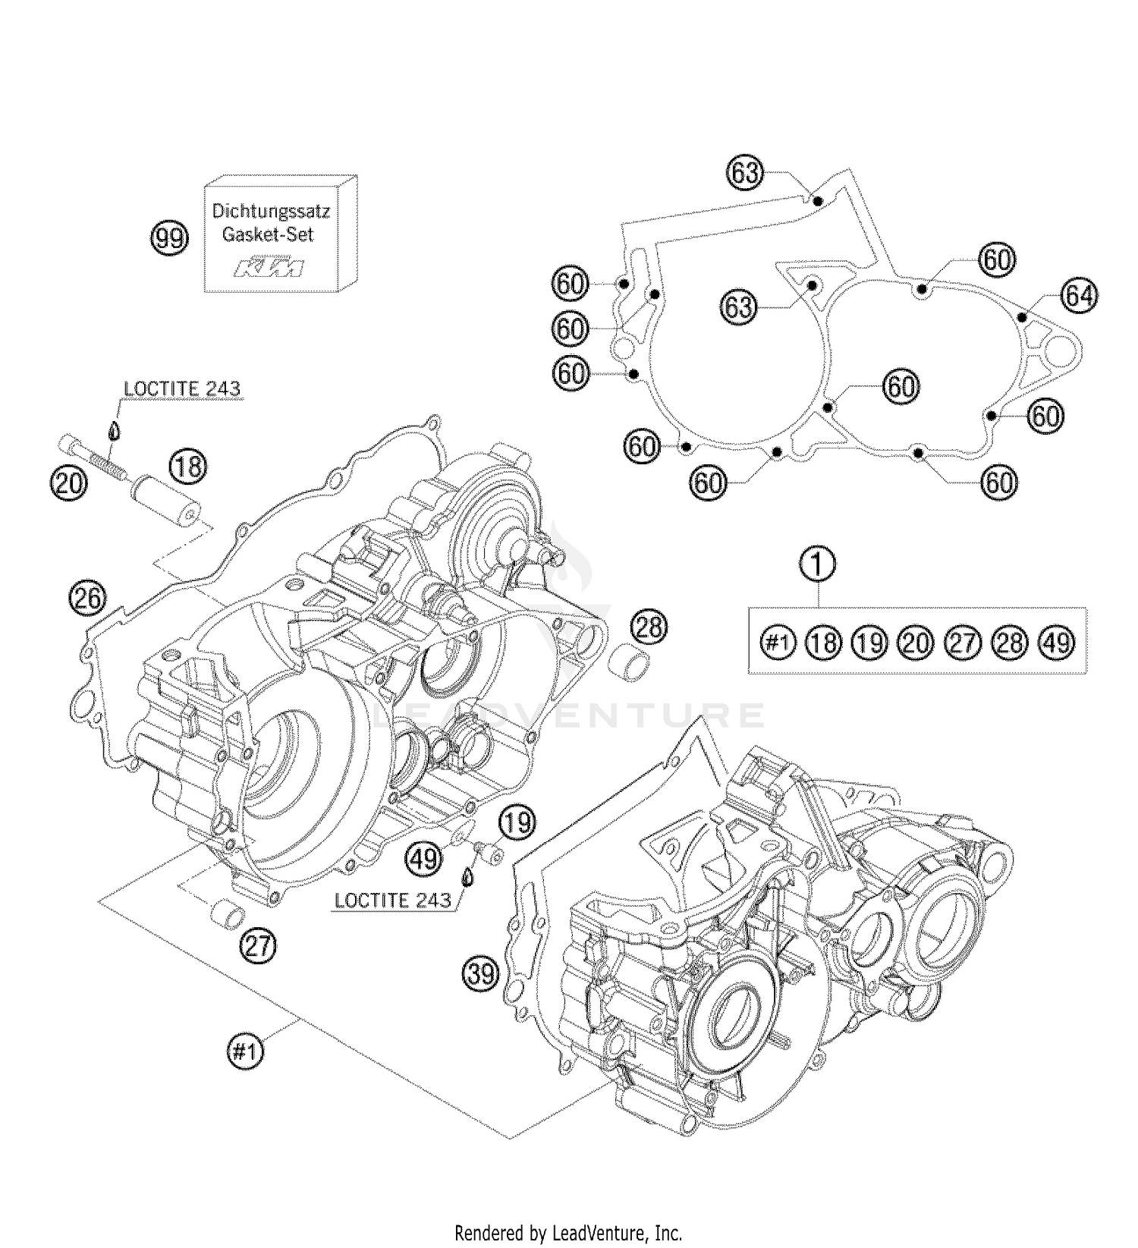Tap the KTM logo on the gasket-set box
(271, 267)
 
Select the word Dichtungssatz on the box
(271, 211)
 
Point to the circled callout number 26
(87, 599)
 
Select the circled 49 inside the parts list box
(1057, 643)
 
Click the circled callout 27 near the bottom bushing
(258, 945)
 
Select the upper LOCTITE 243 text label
(181, 389)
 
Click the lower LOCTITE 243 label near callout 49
(392, 901)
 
